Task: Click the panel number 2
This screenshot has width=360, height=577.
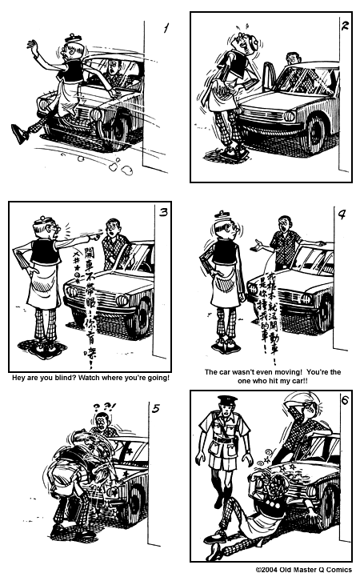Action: click(345, 26)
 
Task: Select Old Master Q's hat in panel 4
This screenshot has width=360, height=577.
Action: click(222, 217)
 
